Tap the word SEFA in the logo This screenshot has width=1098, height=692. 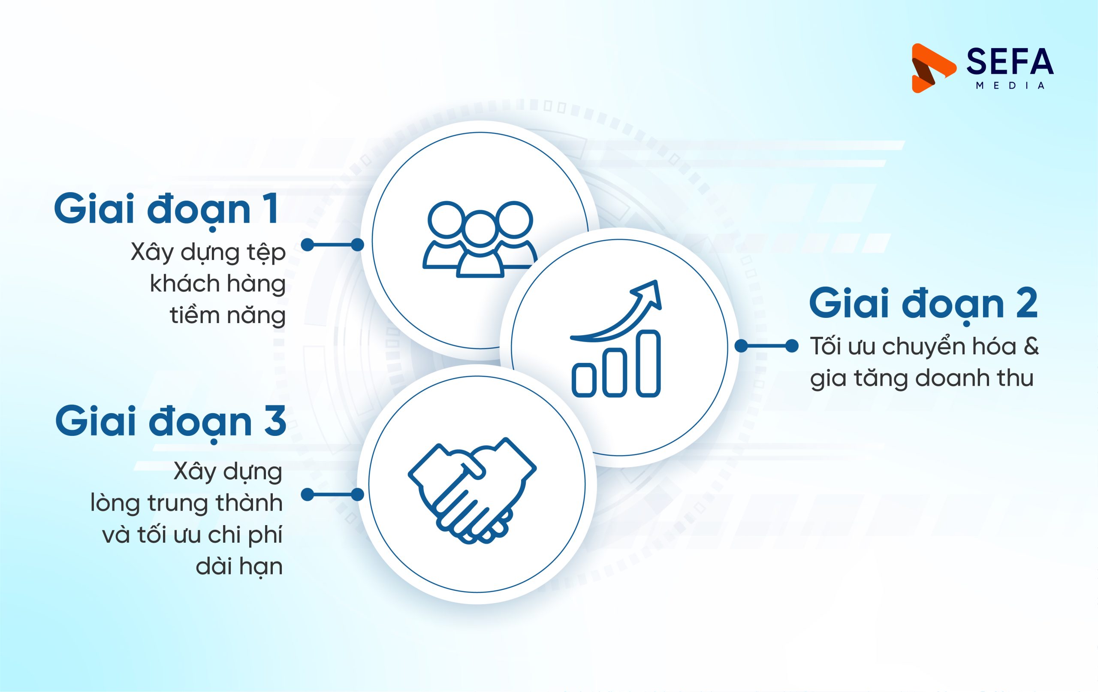1010,62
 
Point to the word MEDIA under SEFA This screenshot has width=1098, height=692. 1010,86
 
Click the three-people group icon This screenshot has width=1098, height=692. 480,239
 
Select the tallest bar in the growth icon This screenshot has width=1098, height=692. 648,363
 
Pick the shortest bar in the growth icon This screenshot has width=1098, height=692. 584,380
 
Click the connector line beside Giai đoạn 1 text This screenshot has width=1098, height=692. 332,245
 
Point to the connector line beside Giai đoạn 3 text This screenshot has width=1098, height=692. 332,495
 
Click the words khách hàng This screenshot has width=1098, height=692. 217,284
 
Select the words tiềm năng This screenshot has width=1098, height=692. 227,315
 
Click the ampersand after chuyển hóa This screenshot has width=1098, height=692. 1031,346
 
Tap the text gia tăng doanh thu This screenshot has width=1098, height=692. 922,378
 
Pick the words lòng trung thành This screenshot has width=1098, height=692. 187,503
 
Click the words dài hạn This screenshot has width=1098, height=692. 239,567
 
